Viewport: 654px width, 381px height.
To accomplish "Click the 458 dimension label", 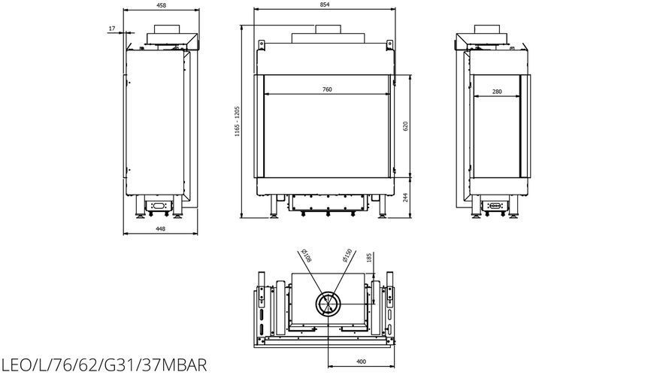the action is pos(161,5).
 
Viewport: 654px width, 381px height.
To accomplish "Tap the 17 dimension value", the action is pos(112,29).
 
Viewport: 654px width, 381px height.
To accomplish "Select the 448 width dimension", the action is pos(160,228).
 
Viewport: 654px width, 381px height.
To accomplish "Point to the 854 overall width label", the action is pos(325,5).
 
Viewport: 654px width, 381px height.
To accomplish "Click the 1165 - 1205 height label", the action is pos(237,121).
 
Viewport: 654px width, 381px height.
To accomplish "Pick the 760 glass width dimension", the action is pos(328,89).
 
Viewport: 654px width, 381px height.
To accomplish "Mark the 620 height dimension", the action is pos(405,126).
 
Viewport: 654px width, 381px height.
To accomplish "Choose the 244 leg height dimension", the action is pos(405,197).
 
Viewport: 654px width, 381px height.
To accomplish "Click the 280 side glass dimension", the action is pos(497,92).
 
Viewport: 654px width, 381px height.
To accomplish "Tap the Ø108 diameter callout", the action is pos(306,256).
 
